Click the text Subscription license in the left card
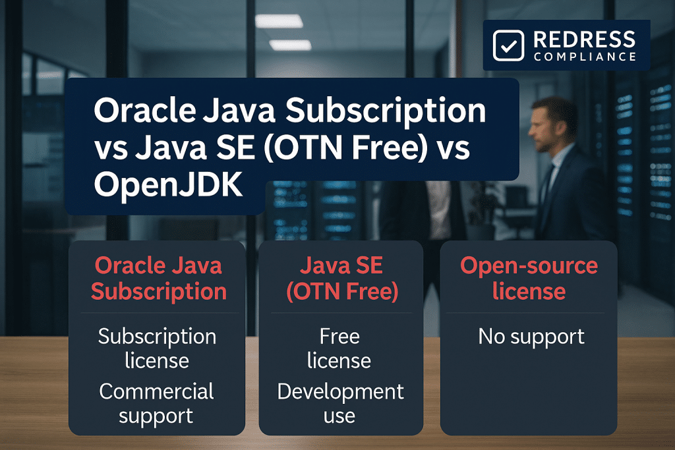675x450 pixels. [157, 348]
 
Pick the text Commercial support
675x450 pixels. [157, 403]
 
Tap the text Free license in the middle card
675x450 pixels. [339, 348]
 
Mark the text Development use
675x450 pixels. [339, 403]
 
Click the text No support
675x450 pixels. [531, 337]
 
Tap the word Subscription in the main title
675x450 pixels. [362, 112]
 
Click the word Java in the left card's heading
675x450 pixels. [198, 266]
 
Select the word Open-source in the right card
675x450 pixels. [529, 266]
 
